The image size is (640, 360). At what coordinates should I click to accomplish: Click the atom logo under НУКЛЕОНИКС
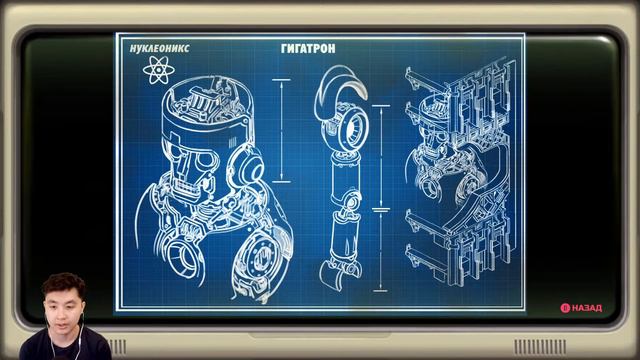(x=157, y=70)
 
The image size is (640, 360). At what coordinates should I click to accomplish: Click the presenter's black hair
(x=63, y=284)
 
